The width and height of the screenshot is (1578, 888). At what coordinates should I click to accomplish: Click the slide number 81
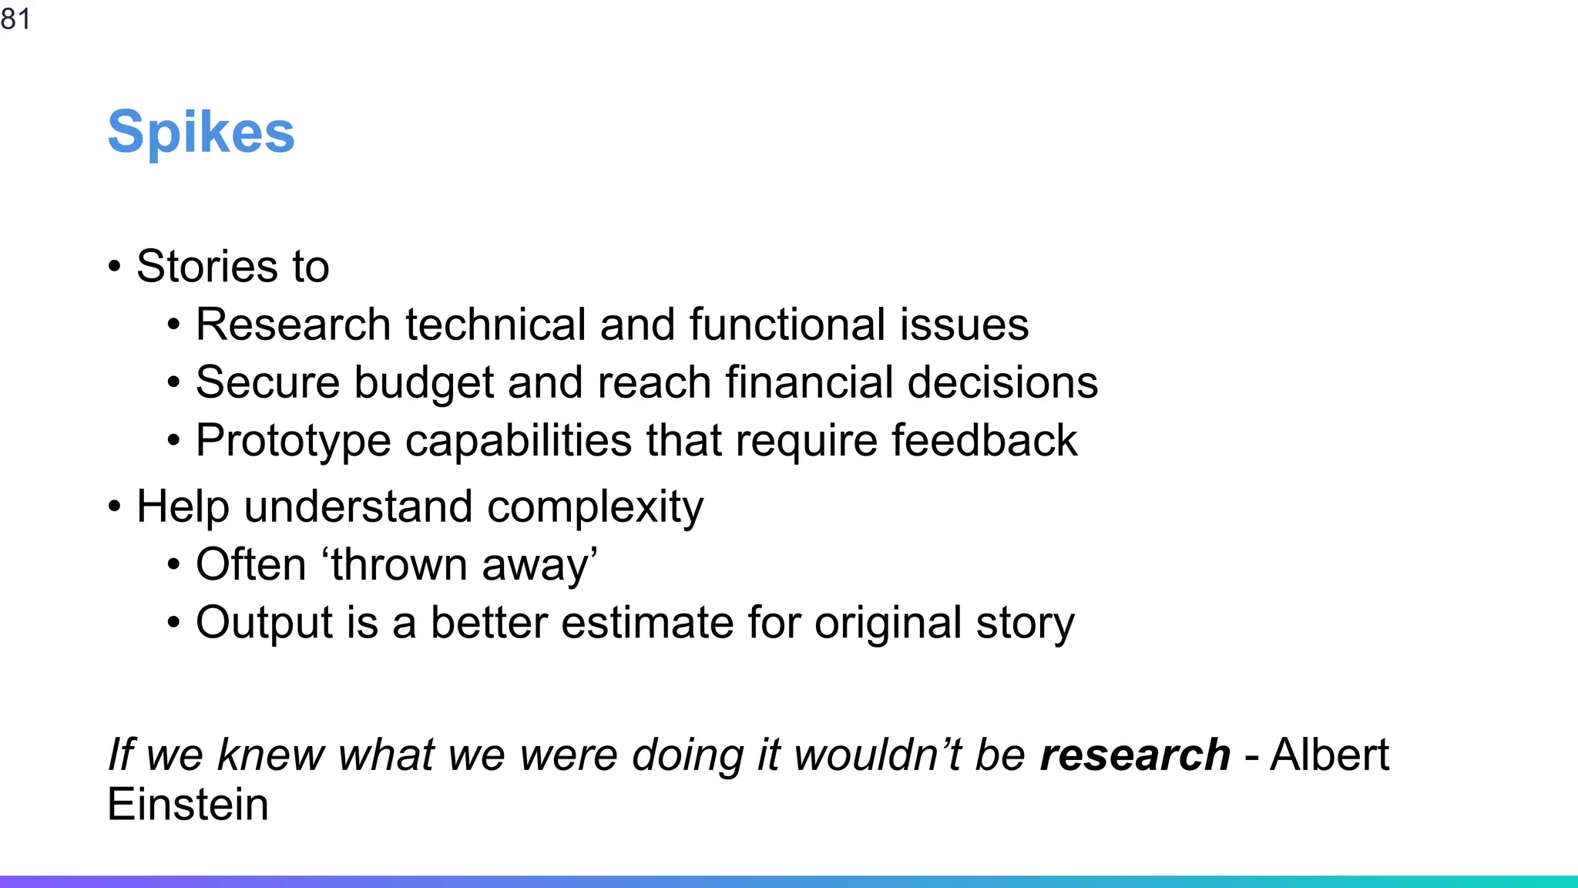point(15,18)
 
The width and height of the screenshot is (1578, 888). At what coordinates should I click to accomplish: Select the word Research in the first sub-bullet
point(293,325)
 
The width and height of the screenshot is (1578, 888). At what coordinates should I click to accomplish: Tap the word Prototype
point(293,442)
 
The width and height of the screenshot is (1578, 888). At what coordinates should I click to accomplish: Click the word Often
point(250,565)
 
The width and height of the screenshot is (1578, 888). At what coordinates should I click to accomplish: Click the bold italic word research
point(1134,755)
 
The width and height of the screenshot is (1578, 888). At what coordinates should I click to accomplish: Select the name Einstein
point(188,805)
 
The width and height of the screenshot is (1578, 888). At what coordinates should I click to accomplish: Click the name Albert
point(1329,755)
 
